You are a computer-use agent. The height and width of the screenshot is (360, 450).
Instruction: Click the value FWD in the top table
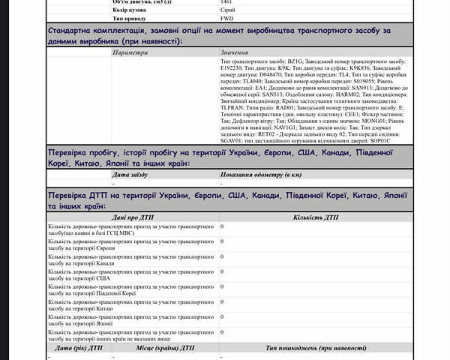click(227, 18)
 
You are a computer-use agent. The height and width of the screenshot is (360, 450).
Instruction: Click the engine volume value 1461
click(226, 2)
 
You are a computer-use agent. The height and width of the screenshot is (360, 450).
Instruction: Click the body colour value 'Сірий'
click(227, 10)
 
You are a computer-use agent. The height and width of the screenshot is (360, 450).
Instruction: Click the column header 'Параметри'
click(130, 53)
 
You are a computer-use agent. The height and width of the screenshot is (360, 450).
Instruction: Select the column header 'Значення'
click(235, 53)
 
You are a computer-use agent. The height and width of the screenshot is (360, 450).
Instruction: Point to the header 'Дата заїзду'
click(130, 175)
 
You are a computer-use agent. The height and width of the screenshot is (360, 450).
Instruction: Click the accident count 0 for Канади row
click(222, 256)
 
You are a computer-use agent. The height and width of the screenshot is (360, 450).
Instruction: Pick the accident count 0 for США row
click(222, 271)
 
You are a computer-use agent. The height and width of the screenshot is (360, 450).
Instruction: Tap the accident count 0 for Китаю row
click(222, 301)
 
